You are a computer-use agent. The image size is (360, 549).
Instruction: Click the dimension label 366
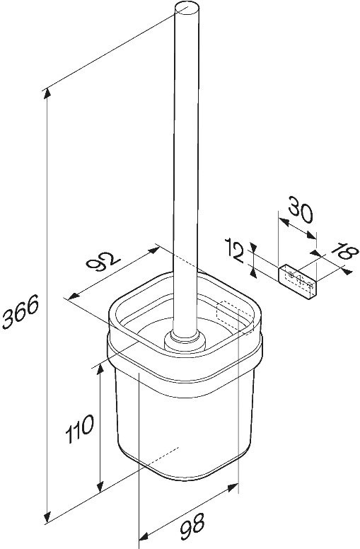coord(20,311)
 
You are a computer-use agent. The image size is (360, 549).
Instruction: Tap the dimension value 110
coord(80,429)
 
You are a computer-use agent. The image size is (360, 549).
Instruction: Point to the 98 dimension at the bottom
coord(192,526)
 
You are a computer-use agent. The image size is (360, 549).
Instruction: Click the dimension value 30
coord(300,209)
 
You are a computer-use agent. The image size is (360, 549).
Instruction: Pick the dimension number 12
coord(234,250)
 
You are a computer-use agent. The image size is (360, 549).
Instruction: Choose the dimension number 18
coord(344,252)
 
